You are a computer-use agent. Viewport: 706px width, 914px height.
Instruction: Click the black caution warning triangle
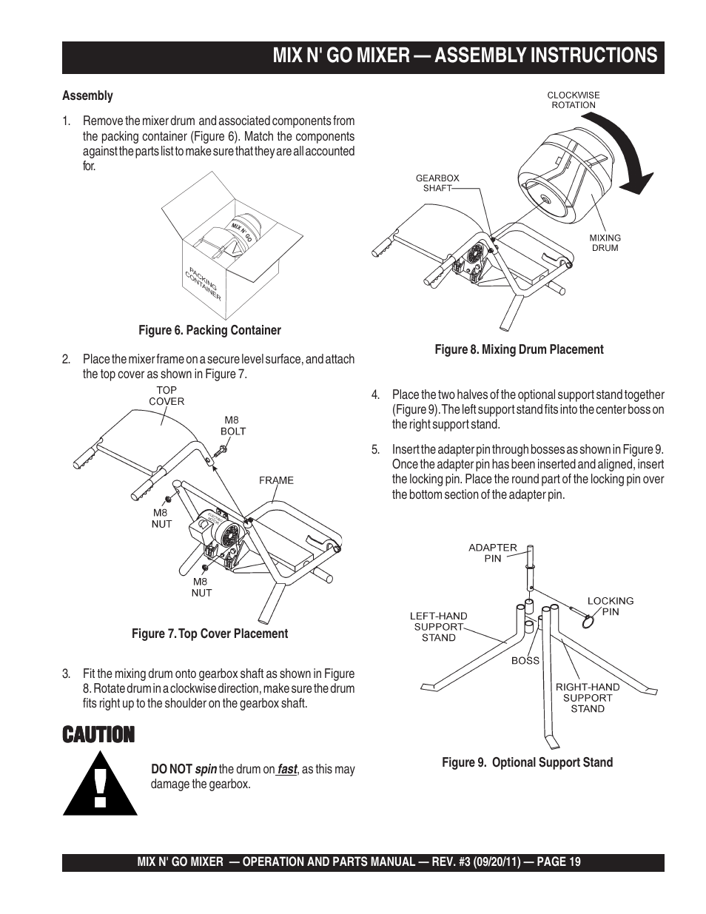point(100,784)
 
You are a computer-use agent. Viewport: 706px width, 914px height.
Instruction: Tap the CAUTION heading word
point(98,735)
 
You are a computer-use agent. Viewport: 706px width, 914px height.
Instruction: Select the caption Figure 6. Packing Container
point(210,330)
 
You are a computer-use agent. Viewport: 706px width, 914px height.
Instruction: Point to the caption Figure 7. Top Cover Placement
point(209,634)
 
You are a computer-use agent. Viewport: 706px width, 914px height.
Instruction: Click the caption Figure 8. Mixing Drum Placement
point(519,349)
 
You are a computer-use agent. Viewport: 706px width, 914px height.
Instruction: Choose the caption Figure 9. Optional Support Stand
point(527,762)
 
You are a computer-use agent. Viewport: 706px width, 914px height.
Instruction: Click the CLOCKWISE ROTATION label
point(573,100)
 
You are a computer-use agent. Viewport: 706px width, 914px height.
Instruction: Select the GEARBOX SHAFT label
point(437,183)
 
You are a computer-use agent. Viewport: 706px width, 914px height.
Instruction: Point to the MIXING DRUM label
point(605,243)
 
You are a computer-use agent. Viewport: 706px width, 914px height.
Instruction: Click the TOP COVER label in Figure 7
point(167,395)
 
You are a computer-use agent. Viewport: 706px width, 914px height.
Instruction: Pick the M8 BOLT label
point(233,426)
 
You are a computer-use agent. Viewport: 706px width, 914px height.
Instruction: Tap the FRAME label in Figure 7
point(276,480)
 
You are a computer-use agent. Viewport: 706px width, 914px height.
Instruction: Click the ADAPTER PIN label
point(493,553)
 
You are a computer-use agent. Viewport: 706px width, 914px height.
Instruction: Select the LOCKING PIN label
point(611,606)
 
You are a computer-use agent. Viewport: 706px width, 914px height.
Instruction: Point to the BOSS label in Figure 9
point(525,660)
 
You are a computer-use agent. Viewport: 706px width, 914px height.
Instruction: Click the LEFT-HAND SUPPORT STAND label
point(439,626)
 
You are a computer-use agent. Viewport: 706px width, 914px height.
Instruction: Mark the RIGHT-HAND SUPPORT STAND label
point(588,697)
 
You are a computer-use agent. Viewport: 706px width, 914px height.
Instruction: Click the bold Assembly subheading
point(87,95)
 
